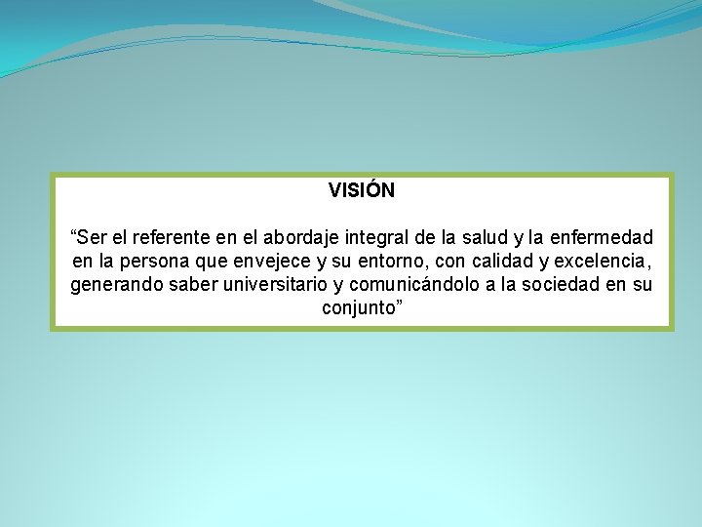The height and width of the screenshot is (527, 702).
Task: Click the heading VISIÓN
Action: pos(362,190)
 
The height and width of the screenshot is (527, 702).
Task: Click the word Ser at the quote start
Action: pos(94,237)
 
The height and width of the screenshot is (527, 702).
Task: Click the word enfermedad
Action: pos(603,237)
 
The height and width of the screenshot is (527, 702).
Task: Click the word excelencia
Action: pos(602,262)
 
